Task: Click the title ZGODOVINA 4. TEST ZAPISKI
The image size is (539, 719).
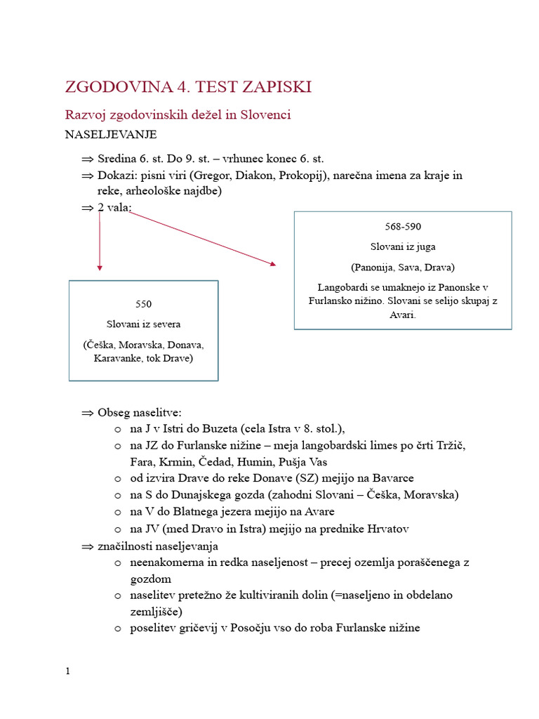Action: pos(188,87)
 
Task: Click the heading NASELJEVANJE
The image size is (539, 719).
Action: pos(111,133)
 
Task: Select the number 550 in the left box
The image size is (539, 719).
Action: pos(143,304)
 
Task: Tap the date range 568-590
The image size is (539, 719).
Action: pos(403,227)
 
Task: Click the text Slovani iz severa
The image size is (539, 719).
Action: pos(143,324)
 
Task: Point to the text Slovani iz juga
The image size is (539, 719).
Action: pos(403,246)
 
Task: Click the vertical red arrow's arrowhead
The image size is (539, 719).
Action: pos(100,268)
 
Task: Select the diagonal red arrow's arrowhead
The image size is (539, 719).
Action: pos(272,264)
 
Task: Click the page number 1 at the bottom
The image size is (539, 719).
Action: pos(68,671)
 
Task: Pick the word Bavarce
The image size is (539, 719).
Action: pos(390,478)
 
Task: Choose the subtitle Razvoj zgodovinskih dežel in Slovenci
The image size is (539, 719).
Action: pos(178,114)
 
